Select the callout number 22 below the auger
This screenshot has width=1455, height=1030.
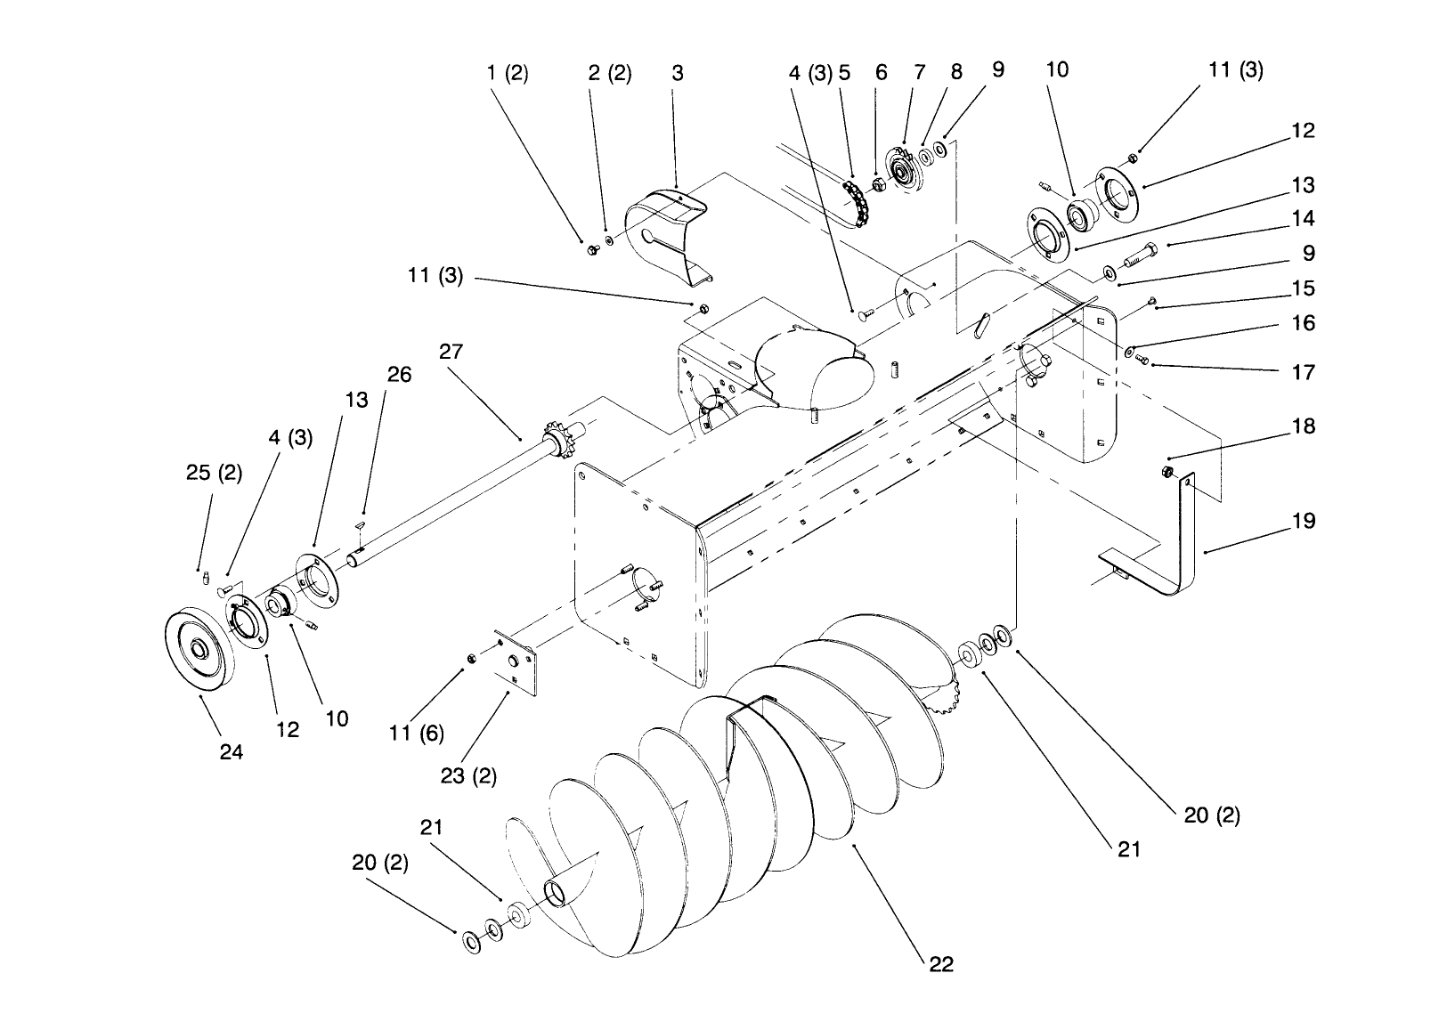click(941, 965)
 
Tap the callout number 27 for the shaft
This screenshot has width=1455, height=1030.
click(451, 352)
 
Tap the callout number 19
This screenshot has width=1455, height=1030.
click(1303, 521)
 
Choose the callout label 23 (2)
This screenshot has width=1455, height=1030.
click(468, 776)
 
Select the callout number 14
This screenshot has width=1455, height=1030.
click(1303, 219)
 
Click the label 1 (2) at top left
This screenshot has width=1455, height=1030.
click(508, 74)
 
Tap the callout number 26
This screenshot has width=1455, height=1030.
click(400, 374)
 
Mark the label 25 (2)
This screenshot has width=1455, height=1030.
click(214, 473)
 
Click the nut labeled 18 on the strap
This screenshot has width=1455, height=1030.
click(1166, 472)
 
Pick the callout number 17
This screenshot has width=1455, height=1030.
click(1303, 372)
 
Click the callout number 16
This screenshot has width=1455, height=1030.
click(1303, 323)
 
